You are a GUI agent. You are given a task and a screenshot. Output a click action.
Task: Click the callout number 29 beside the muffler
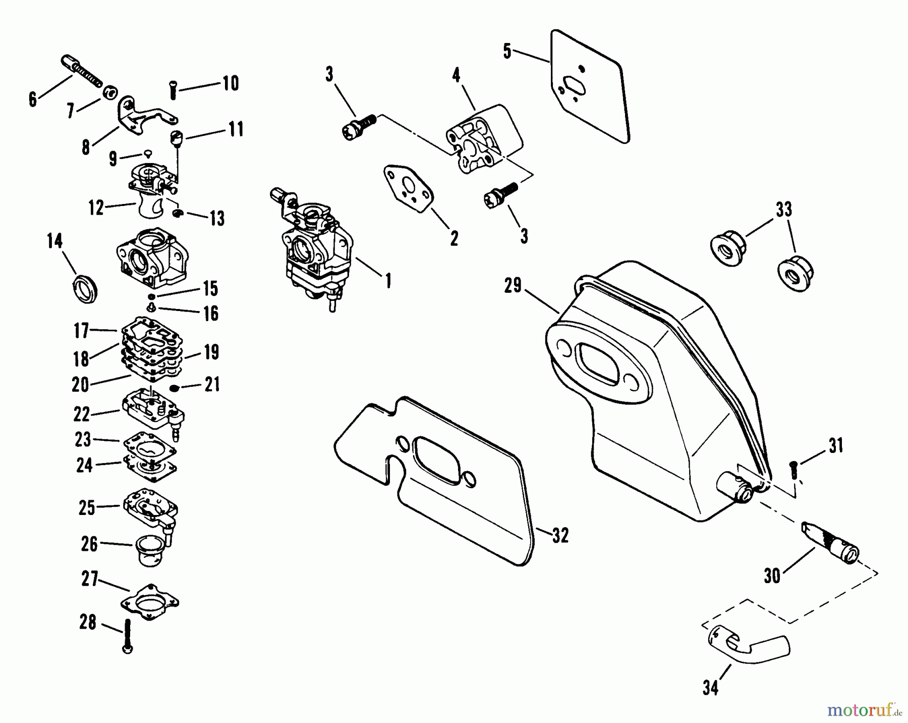tap(513, 286)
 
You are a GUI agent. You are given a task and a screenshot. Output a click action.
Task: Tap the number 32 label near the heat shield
tap(560, 535)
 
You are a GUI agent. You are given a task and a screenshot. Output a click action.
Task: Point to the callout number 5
tap(507, 51)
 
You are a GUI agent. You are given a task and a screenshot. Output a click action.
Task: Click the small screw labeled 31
tap(793, 470)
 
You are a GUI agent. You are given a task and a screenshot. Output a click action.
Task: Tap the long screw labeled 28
tap(128, 637)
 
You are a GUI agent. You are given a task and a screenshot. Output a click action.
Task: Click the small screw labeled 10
tap(173, 91)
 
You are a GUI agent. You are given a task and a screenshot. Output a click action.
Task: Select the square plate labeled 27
tap(150, 602)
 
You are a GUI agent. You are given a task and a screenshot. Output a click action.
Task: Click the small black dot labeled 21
tap(175, 388)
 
